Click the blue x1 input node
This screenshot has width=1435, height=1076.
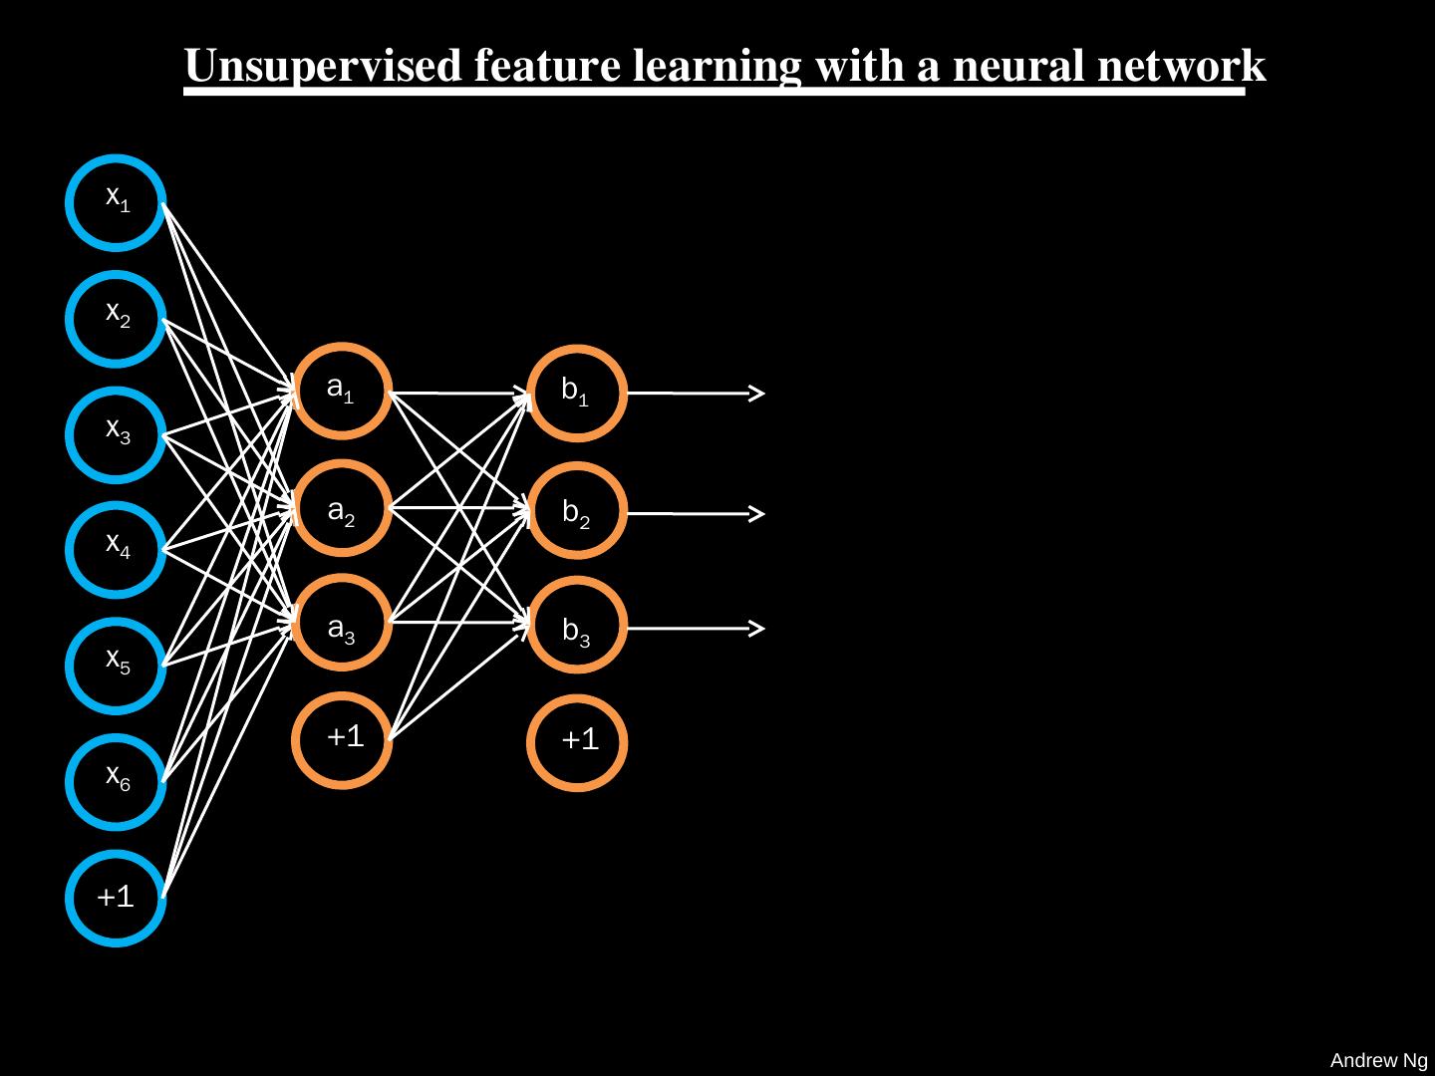(x=117, y=202)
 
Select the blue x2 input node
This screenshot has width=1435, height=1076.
(x=117, y=319)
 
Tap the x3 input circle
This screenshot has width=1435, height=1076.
(x=117, y=434)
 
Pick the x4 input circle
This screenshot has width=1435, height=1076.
(x=117, y=549)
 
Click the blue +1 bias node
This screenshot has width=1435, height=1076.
(x=117, y=898)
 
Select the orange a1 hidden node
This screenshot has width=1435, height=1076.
(x=343, y=392)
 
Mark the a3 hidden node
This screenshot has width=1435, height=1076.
(x=343, y=624)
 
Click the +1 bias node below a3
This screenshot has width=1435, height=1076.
(x=343, y=739)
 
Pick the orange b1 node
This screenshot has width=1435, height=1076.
(x=576, y=394)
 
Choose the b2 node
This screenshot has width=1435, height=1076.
(x=576, y=510)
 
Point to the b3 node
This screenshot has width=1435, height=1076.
(x=576, y=626)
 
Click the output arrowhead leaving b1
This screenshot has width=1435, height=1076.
(x=758, y=394)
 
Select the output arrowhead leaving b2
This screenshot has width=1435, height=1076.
(x=758, y=514)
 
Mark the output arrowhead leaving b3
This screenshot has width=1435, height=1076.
(x=758, y=629)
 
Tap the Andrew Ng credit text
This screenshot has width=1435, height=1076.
(x=1378, y=1061)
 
